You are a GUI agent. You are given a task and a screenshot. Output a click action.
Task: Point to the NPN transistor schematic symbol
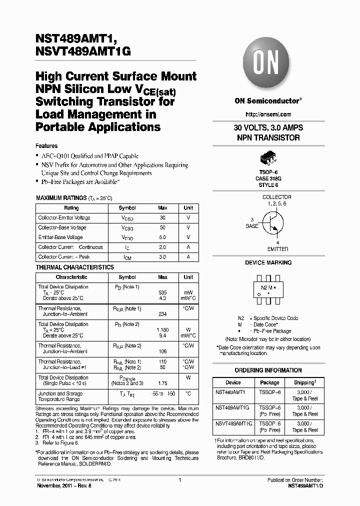tap(271, 222)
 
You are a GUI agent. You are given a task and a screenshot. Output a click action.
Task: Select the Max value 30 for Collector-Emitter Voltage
tap(162, 218)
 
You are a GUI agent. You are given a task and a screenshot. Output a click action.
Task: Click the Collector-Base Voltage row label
tap(62, 227)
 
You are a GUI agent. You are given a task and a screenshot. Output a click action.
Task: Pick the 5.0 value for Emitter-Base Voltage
tap(162, 237)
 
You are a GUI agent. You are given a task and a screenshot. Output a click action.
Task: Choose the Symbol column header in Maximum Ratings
tap(127, 208)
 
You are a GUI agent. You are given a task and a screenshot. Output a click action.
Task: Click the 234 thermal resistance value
tap(162, 314)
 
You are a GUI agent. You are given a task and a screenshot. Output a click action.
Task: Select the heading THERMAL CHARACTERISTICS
tap(75, 267)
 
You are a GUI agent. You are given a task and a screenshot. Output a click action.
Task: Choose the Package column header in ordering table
tap(270, 382)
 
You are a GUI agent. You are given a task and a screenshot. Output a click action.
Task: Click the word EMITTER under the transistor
tap(277, 249)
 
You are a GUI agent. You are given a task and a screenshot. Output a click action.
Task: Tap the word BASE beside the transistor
tap(252, 226)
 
